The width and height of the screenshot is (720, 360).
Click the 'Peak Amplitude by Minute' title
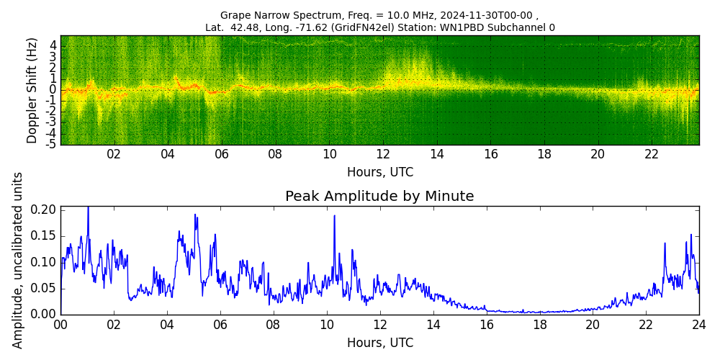(379, 197)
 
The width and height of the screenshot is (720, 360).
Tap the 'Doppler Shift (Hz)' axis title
(32, 90)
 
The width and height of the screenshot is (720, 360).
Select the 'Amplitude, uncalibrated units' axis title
(18, 260)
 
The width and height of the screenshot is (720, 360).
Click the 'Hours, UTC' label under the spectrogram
(379, 173)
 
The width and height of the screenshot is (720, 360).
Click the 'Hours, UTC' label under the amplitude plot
(379, 343)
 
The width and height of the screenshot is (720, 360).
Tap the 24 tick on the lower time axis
(698, 325)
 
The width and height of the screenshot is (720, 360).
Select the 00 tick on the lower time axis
(60, 325)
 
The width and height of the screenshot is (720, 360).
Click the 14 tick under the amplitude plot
(433, 325)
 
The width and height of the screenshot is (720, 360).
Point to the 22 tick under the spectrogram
(652, 154)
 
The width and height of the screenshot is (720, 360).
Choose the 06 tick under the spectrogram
(221, 154)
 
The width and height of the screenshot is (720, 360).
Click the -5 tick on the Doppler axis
(52, 144)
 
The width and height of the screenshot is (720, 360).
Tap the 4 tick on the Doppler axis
(53, 45)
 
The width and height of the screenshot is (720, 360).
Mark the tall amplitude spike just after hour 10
(334, 216)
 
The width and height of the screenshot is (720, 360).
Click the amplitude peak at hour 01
(88, 208)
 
